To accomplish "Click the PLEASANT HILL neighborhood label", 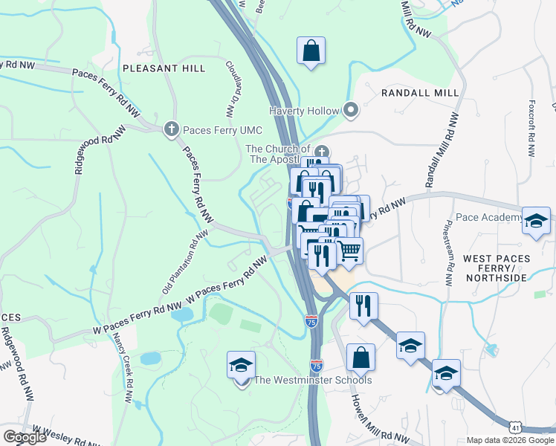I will [164, 68].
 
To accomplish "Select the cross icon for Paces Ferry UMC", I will [172, 129].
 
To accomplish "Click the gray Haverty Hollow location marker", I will [352, 111].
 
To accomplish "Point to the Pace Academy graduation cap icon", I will [536, 221].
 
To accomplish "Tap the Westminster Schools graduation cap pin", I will [242, 366].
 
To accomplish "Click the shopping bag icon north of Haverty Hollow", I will [311, 51].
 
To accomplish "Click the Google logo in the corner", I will [25, 437].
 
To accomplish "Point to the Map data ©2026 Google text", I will [510, 440].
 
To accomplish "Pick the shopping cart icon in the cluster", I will [349, 251].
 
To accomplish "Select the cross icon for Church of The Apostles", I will [322, 151].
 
